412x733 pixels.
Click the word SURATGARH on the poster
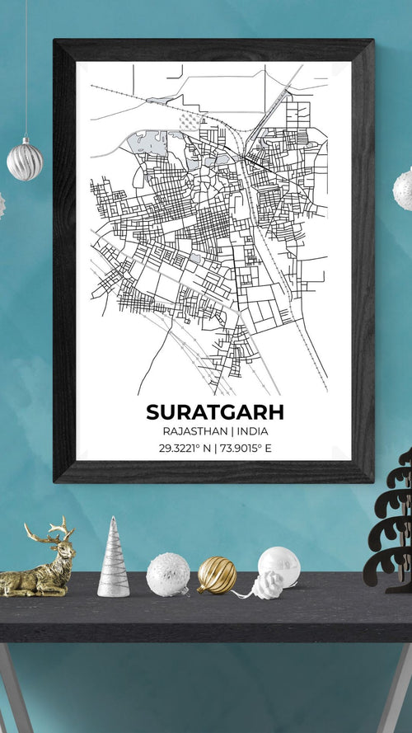(x=214, y=411)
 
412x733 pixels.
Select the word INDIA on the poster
(x=256, y=431)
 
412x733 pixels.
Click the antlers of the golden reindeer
(x=58, y=529)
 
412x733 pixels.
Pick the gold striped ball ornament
(x=217, y=575)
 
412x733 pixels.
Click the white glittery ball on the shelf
(x=167, y=575)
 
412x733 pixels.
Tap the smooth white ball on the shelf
(x=279, y=565)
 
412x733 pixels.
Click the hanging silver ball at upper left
(x=25, y=160)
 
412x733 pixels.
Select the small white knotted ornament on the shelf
(x=267, y=585)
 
